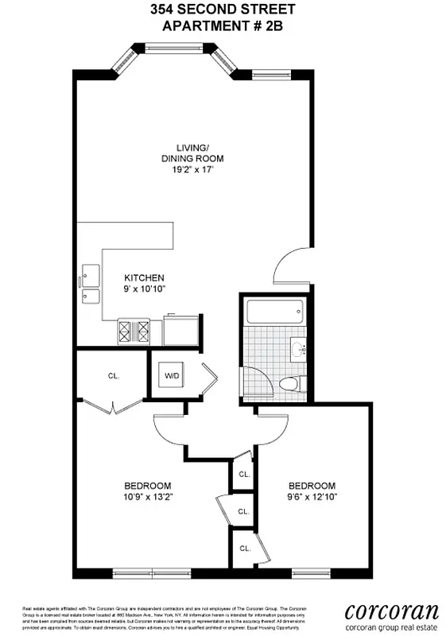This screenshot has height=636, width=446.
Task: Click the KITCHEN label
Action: click(144, 277)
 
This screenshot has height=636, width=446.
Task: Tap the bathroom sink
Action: click(299, 347)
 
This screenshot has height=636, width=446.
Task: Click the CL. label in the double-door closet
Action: click(112, 376)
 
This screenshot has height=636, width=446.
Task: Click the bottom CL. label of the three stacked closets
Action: click(245, 548)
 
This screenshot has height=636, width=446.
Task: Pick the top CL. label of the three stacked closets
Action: click(244, 474)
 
